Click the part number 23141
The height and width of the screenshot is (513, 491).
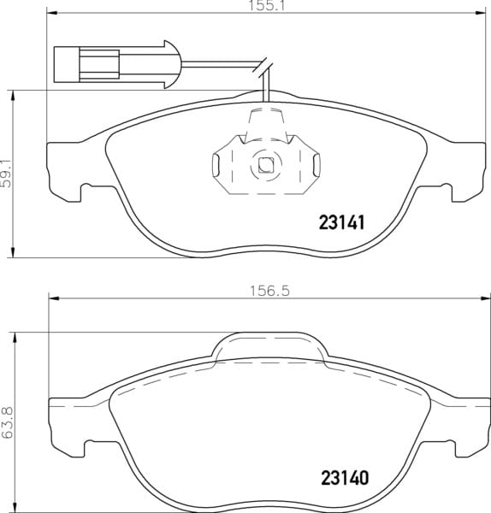(x=341, y=223)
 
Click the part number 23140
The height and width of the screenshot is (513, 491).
(x=345, y=478)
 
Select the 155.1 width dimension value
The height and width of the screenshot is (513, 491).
(x=266, y=6)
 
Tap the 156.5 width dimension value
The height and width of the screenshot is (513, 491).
(x=269, y=291)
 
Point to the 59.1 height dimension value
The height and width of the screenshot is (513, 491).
(x=6, y=174)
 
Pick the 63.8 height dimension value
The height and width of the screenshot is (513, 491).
(x=7, y=422)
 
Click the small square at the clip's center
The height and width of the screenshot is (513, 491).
(x=266, y=165)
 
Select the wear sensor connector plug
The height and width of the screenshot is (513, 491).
(x=117, y=64)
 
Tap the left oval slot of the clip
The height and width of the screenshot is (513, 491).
(x=216, y=163)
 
